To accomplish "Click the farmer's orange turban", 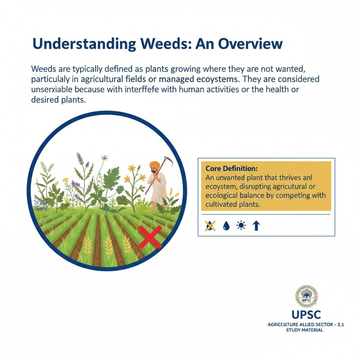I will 154,165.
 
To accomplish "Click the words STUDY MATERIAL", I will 304,331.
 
